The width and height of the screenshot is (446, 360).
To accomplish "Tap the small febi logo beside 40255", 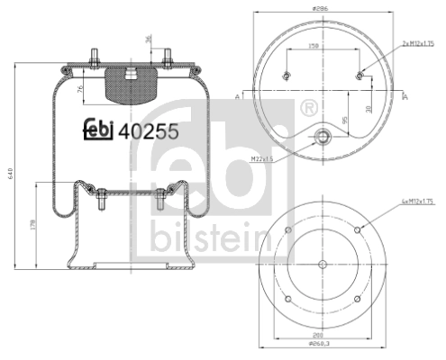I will (x=100, y=129).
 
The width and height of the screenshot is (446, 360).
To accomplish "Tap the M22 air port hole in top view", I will (x=323, y=138).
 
